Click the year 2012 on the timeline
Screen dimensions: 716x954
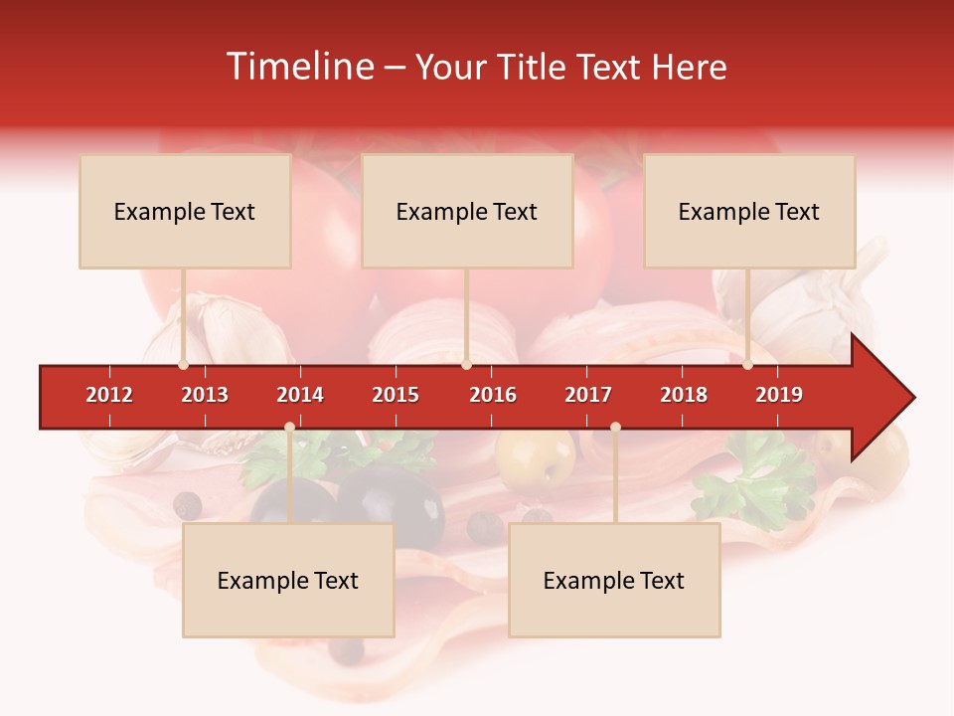(x=109, y=395)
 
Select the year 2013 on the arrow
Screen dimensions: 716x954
(x=205, y=395)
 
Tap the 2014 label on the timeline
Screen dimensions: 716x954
(x=300, y=395)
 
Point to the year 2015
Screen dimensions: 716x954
(x=396, y=395)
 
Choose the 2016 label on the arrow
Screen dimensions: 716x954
(x=493, y=395)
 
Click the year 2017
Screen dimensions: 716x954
(x=588, y=395)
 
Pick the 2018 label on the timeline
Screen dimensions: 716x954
(x=684, y=395)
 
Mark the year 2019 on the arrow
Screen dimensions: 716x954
(x=779, y=395)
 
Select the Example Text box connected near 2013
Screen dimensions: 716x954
(x=185, y=211)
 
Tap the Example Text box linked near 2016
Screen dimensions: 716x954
(x=467, y=211)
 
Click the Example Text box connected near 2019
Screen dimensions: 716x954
(x=749, y=211)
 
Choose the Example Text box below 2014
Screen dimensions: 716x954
(x=288, y=580)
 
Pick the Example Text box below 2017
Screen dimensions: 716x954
(x=614, y=580)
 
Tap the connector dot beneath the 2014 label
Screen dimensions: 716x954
(x=289, y=428)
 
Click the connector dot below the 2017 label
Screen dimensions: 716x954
(x=615, y=428)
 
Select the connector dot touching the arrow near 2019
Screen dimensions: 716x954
(x=748, y=365)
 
